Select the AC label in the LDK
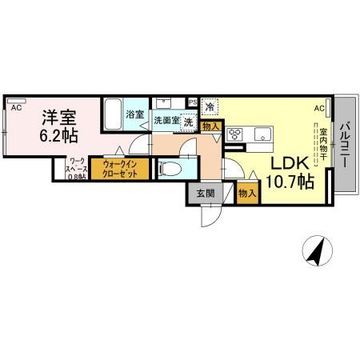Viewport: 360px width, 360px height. [319, 107]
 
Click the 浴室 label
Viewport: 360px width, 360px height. [135, 115]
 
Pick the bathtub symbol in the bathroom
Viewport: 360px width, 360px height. [113, 117]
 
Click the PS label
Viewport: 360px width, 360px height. [192, 102]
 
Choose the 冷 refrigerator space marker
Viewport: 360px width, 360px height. [210, 106]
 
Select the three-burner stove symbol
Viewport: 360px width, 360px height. [236, 134]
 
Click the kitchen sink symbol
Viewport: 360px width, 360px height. [262, 134]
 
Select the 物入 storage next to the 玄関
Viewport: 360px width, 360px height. [247, 193]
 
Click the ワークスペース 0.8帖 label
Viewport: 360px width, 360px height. [77, 170]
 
